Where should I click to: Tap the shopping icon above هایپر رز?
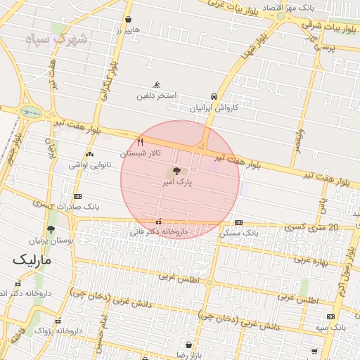128,20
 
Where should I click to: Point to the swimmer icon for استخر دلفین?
146,85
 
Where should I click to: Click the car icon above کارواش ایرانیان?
214,96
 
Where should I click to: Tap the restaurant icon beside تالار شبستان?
141,143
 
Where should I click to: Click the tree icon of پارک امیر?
176,171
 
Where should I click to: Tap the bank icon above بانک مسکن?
239,221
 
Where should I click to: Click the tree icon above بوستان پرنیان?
51,229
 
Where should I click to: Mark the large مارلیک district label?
32,260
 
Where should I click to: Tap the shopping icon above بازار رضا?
188,345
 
